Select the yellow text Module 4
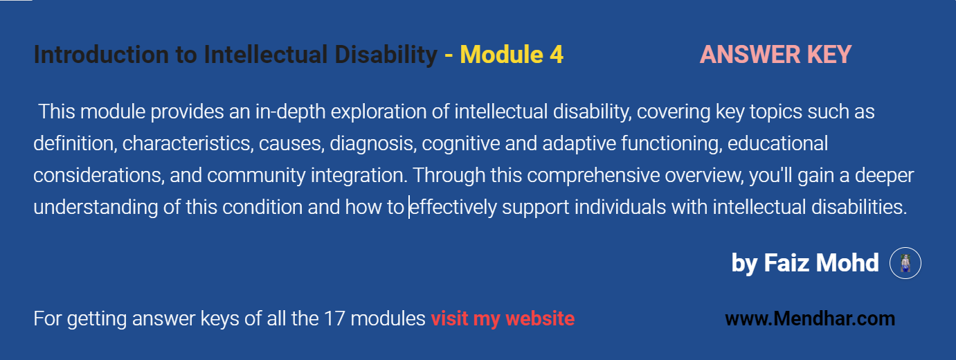(512, 55)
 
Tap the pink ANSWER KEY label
(775, 55)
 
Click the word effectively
(453, 208)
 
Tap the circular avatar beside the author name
(905, 264)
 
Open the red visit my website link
(502, 319)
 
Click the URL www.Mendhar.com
(809, 319)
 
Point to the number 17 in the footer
(332, 319)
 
